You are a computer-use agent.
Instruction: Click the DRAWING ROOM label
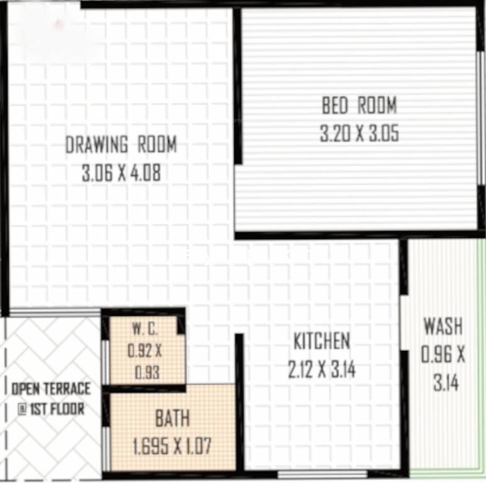tap(121, 145)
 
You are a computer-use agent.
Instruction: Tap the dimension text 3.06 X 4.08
tap(121, 173)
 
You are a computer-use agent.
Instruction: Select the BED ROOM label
tap(359, 106)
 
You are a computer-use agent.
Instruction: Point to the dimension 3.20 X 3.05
tap(359, 134)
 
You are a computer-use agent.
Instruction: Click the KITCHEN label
tap(321, 341)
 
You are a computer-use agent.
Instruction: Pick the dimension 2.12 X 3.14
tap(321, 370)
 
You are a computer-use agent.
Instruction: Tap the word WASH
tap(443, 327)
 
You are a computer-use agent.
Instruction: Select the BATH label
tap(172, 418)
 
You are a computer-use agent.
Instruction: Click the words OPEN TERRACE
tap(52, 388)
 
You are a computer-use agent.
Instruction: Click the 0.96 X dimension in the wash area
tap(443, 355)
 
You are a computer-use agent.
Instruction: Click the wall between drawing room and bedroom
tap(238, 88)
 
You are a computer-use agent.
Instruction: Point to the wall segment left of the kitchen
tap(240, 402)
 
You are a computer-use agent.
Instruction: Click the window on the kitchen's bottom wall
tap(323, 473)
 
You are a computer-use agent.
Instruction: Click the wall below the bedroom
tap(352, 235)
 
